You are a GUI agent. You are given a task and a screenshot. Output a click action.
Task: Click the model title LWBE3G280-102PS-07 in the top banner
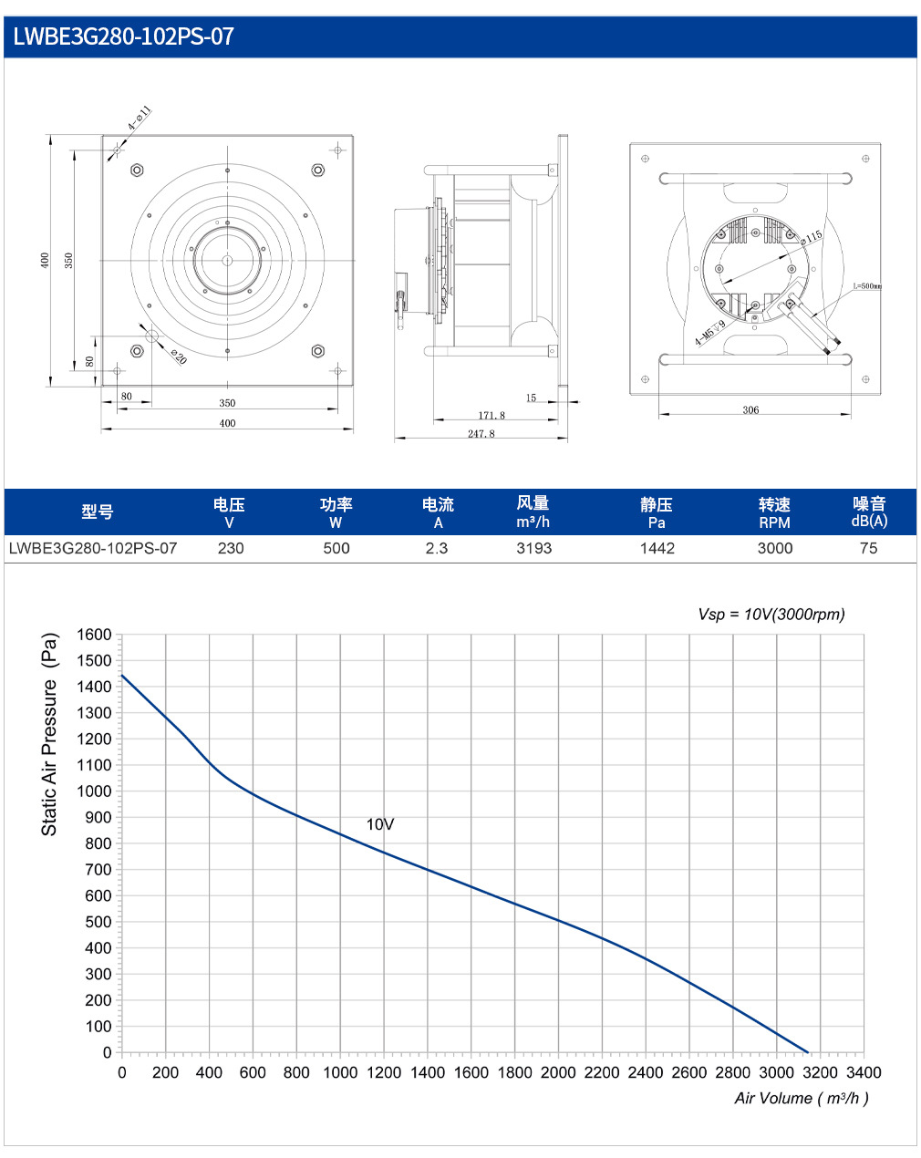click(123, 36)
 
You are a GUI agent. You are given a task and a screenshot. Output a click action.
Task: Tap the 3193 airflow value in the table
click(533, 548)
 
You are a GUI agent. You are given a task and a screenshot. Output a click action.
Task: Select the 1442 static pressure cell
click(657, 548)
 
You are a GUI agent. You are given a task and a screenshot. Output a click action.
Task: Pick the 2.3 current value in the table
click(436, 548)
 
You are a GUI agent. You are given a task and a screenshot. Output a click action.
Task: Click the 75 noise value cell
click(868, 548)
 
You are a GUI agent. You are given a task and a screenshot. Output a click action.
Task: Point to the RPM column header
click(774, 522)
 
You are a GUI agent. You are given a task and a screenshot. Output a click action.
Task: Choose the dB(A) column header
click(869, 521)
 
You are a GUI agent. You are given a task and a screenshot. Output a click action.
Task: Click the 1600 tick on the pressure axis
click(94, 635)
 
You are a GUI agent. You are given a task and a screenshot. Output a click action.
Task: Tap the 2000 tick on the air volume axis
click(558, 1072)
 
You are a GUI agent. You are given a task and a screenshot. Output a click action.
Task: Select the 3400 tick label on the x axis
click(864, 1072)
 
